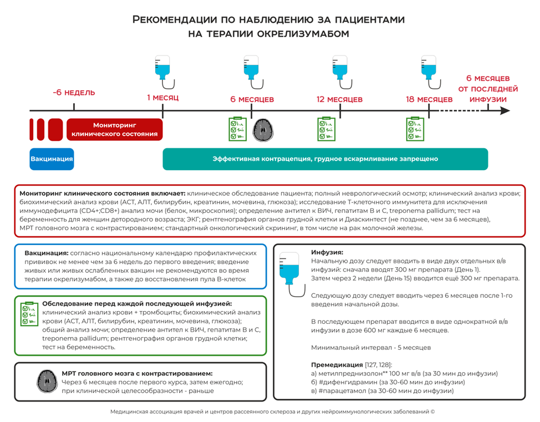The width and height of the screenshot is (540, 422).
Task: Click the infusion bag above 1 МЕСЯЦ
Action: tap(162, 67)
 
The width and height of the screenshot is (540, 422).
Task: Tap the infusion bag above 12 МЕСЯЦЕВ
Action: tap(339, 67)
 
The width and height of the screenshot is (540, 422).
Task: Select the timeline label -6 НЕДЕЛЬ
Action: tap(74, 93)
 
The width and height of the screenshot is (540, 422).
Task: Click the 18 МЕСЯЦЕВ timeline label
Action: tap(429, 99)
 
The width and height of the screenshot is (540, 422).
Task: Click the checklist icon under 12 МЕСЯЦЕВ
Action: tap(326, 129)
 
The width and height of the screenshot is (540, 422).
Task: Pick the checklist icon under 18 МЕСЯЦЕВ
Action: tap(415, 129)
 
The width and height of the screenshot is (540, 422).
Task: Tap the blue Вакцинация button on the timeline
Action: tap(52, 159)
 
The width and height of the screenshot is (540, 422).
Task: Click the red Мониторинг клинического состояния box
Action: tap(115, 130)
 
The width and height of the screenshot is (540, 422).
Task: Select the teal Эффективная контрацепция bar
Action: tap(325, 159)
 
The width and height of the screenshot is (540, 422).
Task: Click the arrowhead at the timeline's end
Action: tap(505, 111)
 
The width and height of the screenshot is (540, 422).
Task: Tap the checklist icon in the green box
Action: tap(28, 314)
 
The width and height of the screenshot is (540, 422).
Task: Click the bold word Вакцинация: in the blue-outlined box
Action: tap(47, 253)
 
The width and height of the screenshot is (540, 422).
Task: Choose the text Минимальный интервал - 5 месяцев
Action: tap(371, 348)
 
